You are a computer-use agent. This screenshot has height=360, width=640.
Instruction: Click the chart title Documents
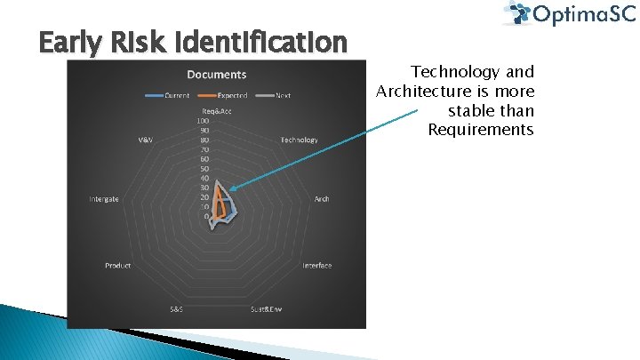click(216, 74)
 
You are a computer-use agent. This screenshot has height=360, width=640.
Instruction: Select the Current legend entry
click(175, 95)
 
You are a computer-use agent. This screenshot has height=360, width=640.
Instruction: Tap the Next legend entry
click(283, 95)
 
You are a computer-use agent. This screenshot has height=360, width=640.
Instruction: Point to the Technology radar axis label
click(299, 140)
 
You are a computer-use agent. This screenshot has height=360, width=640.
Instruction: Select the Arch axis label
click(321, 199)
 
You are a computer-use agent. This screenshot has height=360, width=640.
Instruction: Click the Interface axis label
click(316, 266)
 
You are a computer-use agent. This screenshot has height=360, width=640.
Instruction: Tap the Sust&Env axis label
click(266, 308)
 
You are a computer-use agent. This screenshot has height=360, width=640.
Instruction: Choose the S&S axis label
click(177, 308)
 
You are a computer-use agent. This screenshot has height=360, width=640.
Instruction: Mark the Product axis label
click(117, 266)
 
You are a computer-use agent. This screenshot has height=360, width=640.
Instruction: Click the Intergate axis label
click(104, 199)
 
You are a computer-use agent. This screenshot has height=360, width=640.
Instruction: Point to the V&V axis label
click(144, 140)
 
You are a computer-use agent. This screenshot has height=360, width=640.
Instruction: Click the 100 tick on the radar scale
click(204, 120)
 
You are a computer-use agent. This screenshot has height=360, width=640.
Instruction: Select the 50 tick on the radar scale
click(204, 169)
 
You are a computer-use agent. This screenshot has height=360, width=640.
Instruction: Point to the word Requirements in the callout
click(481, 130)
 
